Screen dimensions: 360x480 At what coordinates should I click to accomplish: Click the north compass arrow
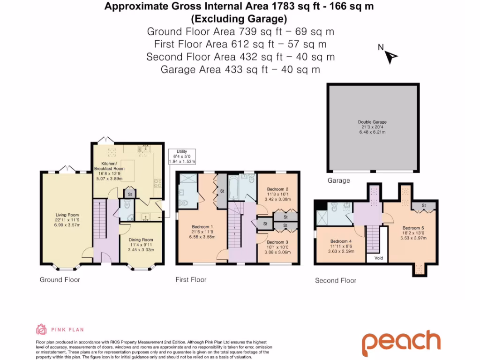point(390,57)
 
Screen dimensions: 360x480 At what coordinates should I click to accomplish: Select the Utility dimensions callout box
point(181,156)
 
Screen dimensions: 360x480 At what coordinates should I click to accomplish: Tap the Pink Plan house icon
point(41,329)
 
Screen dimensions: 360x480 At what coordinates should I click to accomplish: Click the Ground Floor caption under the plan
point(60,280)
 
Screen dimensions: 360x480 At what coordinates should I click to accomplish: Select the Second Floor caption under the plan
point(336,280)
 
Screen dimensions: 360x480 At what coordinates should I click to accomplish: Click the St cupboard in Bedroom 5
point(424,205)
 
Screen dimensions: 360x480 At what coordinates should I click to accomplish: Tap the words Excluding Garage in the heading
point(239,19)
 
